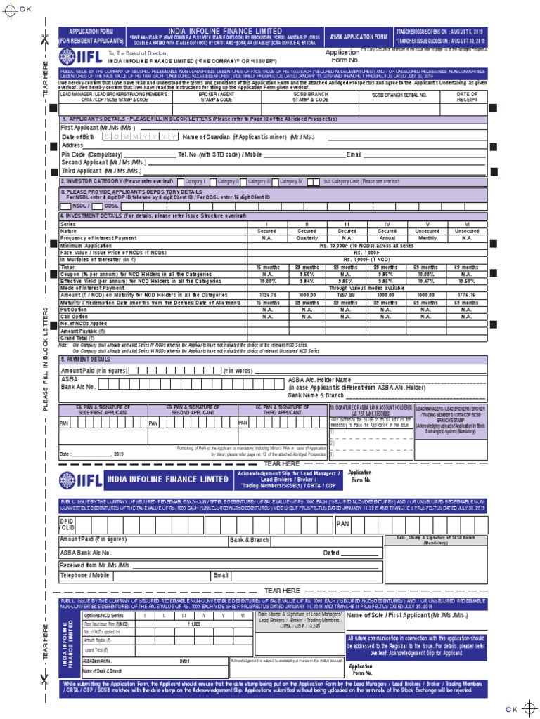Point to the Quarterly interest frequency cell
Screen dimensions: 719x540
point(307,238)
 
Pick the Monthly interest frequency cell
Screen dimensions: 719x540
point(427,238)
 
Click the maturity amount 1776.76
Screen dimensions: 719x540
point(467,295)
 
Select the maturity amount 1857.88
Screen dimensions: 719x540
point(347,295)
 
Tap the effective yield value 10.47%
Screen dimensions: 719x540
point(427,280)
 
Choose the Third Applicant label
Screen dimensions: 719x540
point(101,171)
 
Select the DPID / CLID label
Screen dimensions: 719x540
point(67,524)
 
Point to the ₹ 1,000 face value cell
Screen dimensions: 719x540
point(193,624)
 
